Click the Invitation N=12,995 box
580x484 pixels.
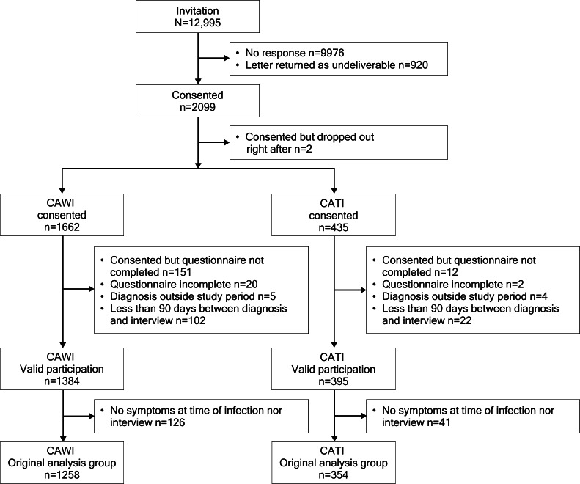(x=197, y=17)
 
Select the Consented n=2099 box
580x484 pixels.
(x=197, y=101)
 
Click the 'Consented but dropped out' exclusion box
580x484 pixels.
(x=339, y=143)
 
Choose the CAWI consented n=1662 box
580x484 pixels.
(x=62, y=215)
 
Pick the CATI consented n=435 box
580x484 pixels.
(x=334, y=215)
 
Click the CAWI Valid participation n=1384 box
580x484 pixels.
(x=62, y=369)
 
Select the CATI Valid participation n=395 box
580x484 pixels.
(x=334, y=369)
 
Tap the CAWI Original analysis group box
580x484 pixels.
(x=62, y=463)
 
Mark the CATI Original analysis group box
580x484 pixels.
(x=334, y=463)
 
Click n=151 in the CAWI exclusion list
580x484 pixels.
(x=177, y=272)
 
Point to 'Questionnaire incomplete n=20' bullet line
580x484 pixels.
(x=184, y=285)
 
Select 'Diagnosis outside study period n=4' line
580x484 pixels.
(x=460, y=296)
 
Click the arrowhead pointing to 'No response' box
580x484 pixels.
(x=226, y=58)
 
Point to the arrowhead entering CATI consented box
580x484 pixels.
(x=334, y=190)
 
